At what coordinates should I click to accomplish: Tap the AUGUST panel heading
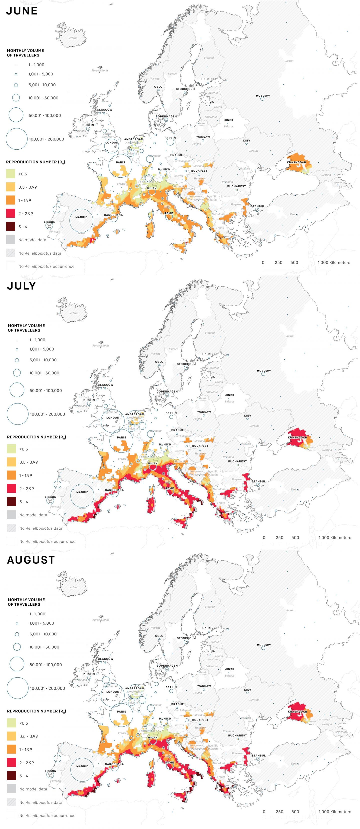31,560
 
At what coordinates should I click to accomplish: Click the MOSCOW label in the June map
263,96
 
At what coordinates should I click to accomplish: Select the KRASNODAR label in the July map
297,437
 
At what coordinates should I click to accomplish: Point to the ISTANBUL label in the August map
258,755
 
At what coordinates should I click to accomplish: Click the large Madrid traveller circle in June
81,220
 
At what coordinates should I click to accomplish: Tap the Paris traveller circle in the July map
121,441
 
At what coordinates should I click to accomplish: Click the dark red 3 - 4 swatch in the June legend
11,227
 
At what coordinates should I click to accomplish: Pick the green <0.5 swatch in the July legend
11,449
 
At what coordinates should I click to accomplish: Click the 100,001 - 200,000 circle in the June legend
16,139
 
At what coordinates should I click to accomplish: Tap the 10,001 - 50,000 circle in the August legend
17,647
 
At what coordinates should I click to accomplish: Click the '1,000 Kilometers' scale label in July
335,537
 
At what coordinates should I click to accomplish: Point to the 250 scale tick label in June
278,262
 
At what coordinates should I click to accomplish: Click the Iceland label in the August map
74,587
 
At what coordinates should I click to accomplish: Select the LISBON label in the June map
49,222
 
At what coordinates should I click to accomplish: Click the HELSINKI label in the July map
209,354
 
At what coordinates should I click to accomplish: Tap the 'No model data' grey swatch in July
11,515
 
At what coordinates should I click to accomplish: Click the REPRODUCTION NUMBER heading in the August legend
36,711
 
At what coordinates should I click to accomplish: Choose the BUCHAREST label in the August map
237,735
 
